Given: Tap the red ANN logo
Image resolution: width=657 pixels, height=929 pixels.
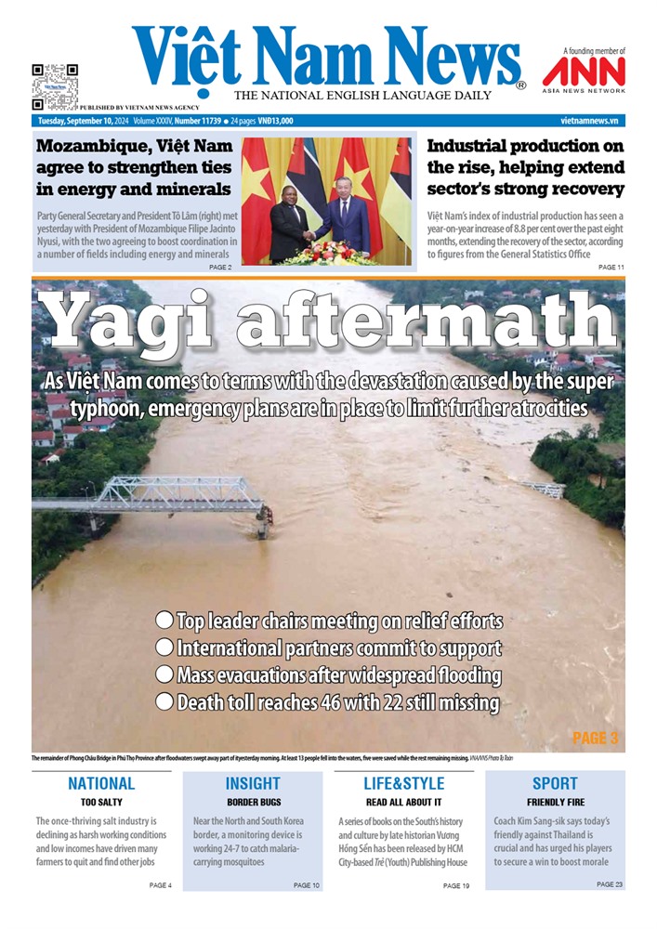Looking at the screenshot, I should [x=584, y=72].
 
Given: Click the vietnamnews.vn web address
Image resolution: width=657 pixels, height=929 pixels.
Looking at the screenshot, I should [x=589, y=121].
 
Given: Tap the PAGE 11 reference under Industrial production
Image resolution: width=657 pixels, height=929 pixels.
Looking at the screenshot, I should [x=611, y=267].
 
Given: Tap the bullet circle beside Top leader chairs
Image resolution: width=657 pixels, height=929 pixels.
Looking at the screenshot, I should [x=164, y=620].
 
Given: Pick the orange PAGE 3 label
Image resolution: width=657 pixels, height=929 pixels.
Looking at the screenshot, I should [x=595, y=738].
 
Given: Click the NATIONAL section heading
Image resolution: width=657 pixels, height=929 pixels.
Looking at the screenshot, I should [x=101, y=783].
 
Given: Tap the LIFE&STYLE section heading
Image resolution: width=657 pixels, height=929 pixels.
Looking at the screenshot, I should [x=403, y=783].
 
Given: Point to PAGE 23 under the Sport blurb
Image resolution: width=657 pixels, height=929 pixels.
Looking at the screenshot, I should [x=610, y=884].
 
